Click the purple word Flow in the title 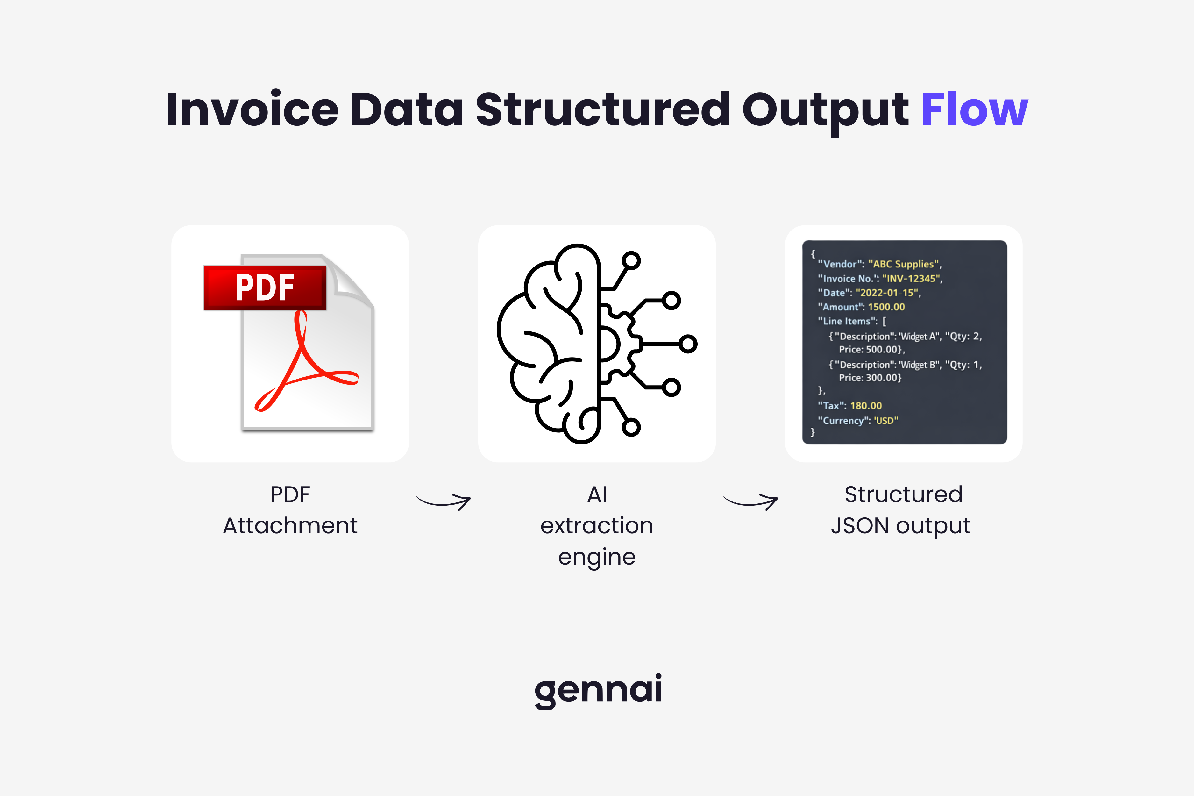coord(974,109)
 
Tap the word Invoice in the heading coord(252,109)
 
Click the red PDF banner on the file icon coord(265,287)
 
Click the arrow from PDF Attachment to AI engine coord(444,501)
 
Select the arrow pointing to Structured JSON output coord(751,501)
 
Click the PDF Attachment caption coord(290,510)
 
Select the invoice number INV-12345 coord(911,279)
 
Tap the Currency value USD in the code coord(885,420)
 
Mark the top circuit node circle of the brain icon coord(631,261)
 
